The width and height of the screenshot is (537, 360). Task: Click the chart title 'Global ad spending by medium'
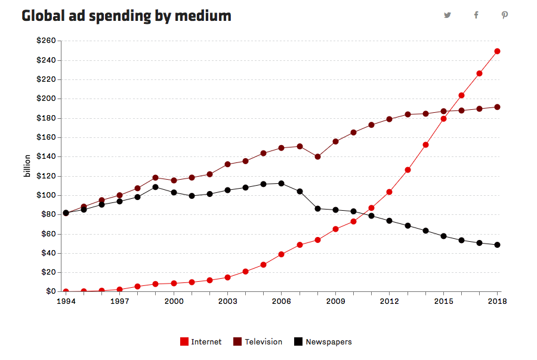[126, 16]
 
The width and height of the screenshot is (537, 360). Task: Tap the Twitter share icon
[447, 16]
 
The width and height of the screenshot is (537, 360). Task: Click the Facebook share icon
[476, 16]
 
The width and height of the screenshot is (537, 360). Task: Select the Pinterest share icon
[504, 16]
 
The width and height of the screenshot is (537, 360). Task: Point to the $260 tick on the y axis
[46, 41]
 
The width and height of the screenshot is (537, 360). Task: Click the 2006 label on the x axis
[281, 301]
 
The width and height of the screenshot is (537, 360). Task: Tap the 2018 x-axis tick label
[497, 301]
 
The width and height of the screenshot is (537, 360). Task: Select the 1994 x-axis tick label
[66, 301]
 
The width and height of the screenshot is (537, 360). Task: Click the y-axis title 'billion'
[27, 166]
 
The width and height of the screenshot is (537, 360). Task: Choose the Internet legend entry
[200, 342]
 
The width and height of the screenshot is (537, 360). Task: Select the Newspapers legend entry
[323, 342]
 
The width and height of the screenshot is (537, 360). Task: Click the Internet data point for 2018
[497, 51]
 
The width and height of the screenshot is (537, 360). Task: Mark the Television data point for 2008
[317, 157]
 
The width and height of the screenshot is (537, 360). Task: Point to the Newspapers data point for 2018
[497, 245]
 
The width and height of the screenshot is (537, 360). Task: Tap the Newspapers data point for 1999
[156, 187]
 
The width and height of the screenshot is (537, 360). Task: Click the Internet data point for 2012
[389, 192]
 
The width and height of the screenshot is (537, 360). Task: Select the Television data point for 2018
[497, 107]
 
